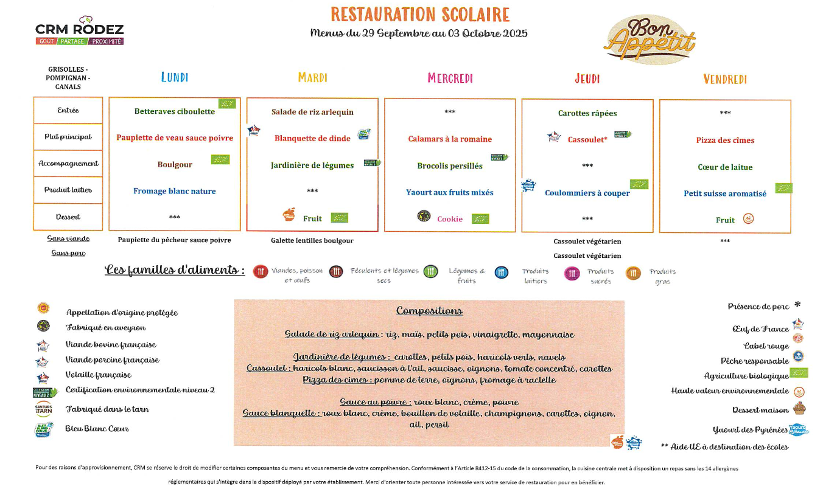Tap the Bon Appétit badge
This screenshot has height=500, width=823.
pyautogui.click(x=650, y=39)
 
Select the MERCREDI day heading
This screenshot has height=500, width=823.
pyautogui.click(x=450, y=78)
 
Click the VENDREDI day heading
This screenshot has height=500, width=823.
pyautogui.click(x=724, y=79)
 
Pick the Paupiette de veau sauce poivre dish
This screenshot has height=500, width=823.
pyautogui.click(x=175, y=138)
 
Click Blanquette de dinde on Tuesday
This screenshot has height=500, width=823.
pyautogui.click(x=312, y=139)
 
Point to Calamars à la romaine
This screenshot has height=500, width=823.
pyautogui.click(x=450, y=139)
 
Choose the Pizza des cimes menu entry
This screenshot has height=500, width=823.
pyautogui.click(x=725, y=141)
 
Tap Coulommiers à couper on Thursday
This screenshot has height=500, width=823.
pyautogui.click(x=587, y=193)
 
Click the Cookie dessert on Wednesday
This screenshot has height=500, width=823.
pyautogui.click(x=450, y=219)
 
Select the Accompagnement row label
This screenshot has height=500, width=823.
pyautogui.click(x=68, y=164)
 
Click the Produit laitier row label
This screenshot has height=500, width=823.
pyautogui.click(x=68, y=190)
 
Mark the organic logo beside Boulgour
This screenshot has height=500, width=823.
pyautogui.click(x=220, y=160)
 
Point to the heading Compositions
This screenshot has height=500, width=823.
pyautogui.click(x=429, y=311)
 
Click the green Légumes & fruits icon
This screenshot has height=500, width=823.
pyautogui.click(x=431, y=272)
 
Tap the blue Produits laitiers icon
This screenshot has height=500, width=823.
pyautogui.click(x=502, y=273)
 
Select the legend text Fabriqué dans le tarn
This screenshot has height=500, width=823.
pyautogui.click(x=107, y=409)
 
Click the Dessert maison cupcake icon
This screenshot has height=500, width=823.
pyautogui.click(x=799, y=408)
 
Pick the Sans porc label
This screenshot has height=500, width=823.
pyautogui.click(x=68, y=253)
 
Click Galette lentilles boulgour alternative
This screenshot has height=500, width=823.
pyautogui.click(x=312, y=241)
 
